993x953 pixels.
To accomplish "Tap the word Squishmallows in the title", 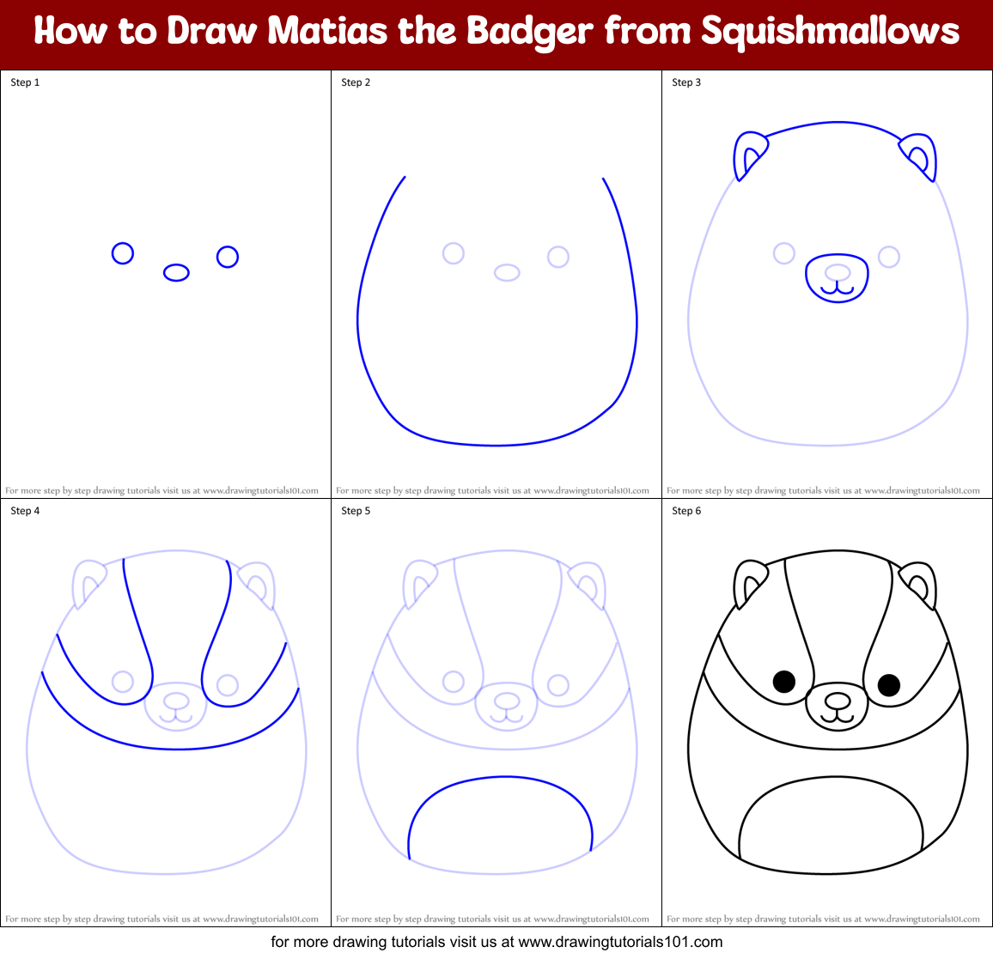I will click(x=830, y=32).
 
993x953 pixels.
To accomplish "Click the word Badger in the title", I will click(x=530, y=32).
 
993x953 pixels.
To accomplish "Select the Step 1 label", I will click(x=25, y=82).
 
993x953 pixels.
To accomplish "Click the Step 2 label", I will click(x=356, y=82).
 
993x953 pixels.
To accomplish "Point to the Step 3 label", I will click(x=686, y=82).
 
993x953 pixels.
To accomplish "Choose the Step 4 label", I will click(x=25, y=511).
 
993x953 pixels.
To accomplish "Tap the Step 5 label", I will click(x=356, y=511).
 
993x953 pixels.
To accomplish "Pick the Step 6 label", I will click(x=686, y=511).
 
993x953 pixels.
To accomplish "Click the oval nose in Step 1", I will click(x=176, y=272).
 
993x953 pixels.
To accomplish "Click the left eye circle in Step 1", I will click(x=123, y=253).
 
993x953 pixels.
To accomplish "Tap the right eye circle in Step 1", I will click(x=228, y=257).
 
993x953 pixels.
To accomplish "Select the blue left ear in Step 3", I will click(x=748, y=155).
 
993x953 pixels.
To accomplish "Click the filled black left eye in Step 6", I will click(x=784, y=682).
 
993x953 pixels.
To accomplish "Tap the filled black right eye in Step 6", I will click(x=889, y=685).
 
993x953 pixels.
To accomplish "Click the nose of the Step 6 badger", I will click(x=838, y=701).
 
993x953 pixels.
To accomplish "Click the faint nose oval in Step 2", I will click(x=507, y=272).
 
